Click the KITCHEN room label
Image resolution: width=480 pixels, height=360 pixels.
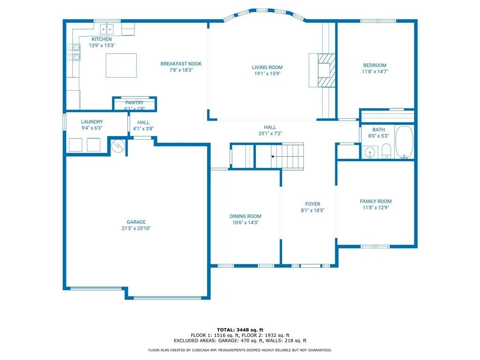pos(102,39)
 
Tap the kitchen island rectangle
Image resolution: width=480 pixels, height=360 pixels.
pos(121,66)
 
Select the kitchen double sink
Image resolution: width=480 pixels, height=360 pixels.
pos(107,30)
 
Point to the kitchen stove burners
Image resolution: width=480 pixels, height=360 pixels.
pos(74,52)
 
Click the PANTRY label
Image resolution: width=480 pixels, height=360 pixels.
pos(135,103)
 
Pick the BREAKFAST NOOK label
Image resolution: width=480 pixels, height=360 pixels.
pos(181,64)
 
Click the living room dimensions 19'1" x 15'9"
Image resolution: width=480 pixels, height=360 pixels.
pos(267,74)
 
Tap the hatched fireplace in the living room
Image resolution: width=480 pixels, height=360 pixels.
pos(326,70)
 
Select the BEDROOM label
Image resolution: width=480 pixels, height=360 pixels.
pos(375,65)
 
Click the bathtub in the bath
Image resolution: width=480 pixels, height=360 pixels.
pos(404,142)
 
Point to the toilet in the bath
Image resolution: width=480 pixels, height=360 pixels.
pos(386,151)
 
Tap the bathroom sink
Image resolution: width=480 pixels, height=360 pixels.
pos(370,152)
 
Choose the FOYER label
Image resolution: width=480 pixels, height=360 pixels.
pos(313,204)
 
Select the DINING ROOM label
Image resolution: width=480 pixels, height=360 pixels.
pos(246,216)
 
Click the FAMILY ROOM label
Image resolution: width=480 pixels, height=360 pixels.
pos(375,201)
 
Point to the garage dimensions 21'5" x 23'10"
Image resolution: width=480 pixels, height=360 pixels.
pos(136,228)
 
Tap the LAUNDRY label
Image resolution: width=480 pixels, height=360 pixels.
pos(92,122)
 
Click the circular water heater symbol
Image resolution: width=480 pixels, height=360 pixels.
pos(118,146)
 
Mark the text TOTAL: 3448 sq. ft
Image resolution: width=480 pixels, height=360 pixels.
pos(240,330)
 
